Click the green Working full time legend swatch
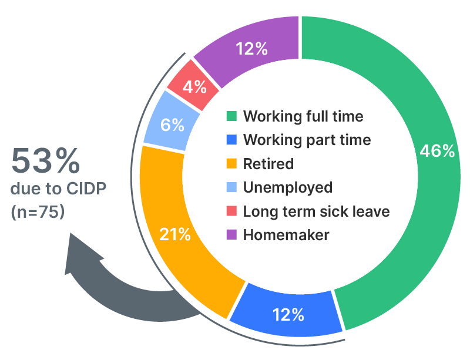click(x=232, y=116)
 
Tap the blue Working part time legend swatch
click(x=232, y=140)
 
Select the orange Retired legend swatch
click(x=232, y=164)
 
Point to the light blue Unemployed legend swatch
click(x=232, y=187)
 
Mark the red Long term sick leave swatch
click(x=232, y=211)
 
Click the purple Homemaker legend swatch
click(x=232, y=235)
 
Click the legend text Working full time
click(x=303, y=116)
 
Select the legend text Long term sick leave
click(x=316, y=211)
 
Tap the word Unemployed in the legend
click(x=288, y=187)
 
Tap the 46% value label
click(x=437, y=151)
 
